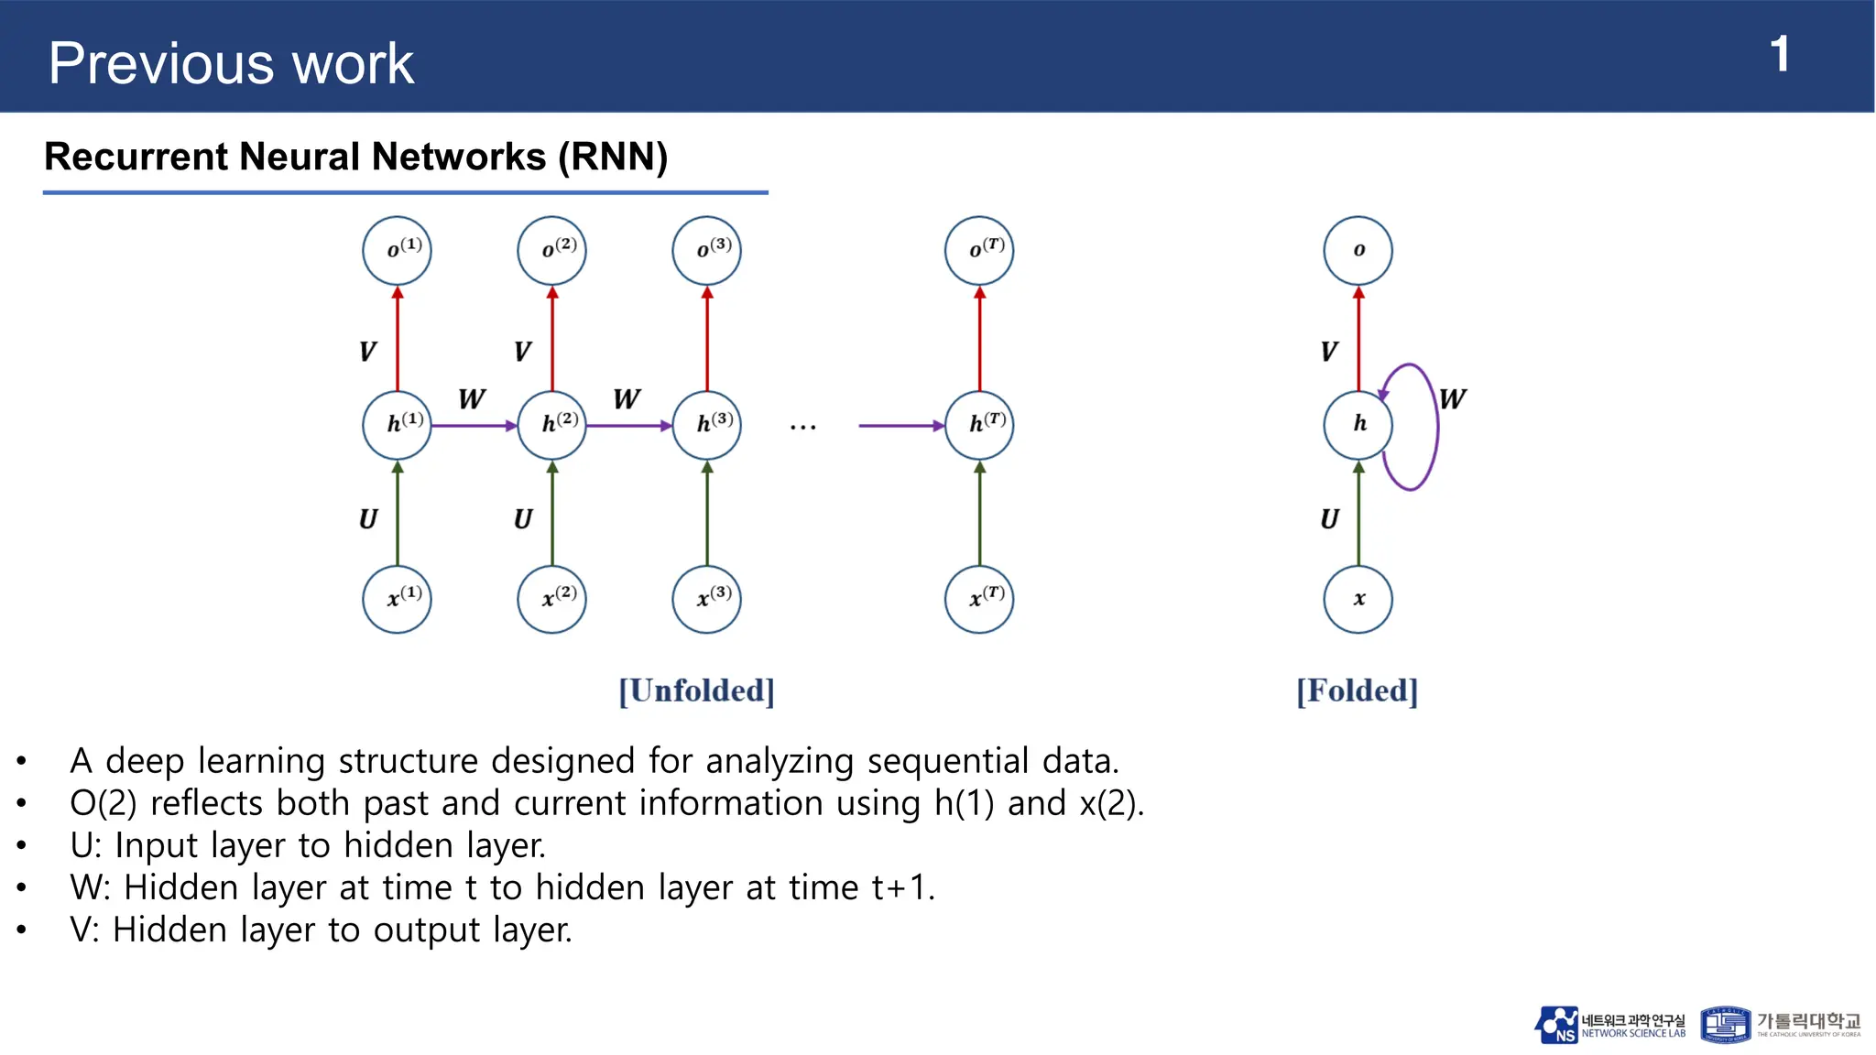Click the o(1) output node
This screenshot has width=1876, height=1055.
click(x=397, y=251)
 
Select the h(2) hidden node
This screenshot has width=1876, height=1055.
click(x=551, y=425)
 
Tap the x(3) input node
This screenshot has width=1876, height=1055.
click(x=706, y=599)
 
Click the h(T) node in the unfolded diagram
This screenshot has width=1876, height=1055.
click(x=979, y=425)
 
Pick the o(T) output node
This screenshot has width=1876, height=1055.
click(x=979, y=251)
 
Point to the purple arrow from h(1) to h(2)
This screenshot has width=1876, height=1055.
click(x=474, y=426)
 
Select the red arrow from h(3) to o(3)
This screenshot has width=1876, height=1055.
click(x=707, y=339)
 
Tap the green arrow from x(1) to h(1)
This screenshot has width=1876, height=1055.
click(x=398, y=513)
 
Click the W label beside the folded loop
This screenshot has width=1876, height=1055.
click(x=1453, y=399)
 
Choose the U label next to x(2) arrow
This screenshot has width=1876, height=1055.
click(x=523, y=519)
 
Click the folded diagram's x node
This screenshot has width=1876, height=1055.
click(x=1358, y=599)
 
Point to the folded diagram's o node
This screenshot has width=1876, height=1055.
click(x=1358, y=251)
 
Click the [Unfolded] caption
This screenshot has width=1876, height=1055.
click(x=696, y=691)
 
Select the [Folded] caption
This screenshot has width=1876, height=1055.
click(x=1357, y=691)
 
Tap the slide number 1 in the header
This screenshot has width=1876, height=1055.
click(x=1779, y=55)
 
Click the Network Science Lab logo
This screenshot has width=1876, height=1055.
click(x=1609, y=1025)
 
